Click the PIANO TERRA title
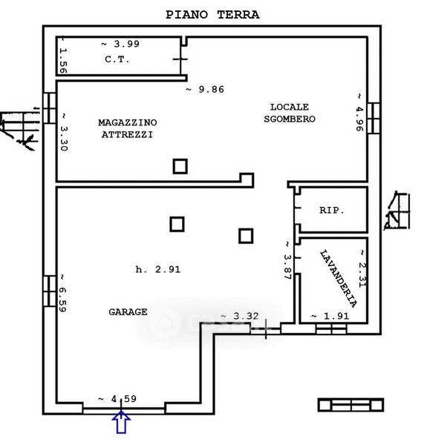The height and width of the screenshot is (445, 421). tap(212, 15)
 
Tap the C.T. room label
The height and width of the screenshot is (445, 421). tap(117, 59)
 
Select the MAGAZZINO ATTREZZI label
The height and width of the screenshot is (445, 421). tap(128, 128)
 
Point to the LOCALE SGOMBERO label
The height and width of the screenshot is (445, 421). tap(290, 113)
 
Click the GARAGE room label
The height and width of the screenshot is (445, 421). tap(128, 312)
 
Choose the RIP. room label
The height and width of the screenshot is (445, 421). tap(331, 211)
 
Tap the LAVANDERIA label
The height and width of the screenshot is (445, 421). tap(339, 279)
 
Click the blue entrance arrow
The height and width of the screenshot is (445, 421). tap(121, 422)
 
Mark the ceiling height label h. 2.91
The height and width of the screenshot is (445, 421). tap(158, 269)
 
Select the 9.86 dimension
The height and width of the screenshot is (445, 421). tap(205, 90)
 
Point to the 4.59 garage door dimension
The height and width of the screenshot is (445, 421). tap(117, 399)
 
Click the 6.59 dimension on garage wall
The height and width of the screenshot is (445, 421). tap(62, 293)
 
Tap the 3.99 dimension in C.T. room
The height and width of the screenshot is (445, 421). tap(120, 44)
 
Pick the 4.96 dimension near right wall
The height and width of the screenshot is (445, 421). tap(359, 113)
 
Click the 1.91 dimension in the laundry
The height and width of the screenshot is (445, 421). tap(330, 316)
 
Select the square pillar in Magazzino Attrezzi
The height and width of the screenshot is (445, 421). tap(180, 166)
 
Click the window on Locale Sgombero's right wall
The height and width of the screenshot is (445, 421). tap(373, 118)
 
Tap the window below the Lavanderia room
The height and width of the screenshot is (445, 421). tap(331, 329)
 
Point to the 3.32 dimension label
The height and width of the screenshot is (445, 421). tap(240, 316)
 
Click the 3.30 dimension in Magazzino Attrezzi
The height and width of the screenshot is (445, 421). tap(64, 132)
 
